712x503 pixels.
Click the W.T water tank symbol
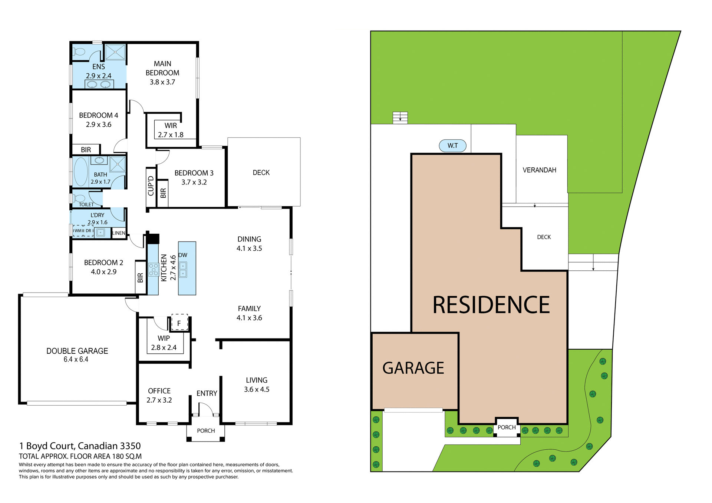(452, 146)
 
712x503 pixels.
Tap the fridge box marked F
(179, 323)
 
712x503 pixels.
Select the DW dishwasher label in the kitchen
(183, 255)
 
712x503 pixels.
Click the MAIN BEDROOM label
(162, 69)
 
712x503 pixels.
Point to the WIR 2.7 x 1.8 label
(171, 130)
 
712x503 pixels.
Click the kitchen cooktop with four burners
(153, 269)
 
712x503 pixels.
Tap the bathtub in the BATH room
(80, 172)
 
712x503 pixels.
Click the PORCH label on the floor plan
(206, 431)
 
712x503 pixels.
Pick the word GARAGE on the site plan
(413, 368)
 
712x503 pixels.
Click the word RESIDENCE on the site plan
(491, 305)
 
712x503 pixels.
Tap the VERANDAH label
(539, 170)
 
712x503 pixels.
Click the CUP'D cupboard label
(151, 186)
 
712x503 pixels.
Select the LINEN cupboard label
(119, 233)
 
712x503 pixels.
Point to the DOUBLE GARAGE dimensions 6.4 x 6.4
(76, 359)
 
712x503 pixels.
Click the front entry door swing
(206, 409)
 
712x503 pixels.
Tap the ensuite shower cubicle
(115, 52)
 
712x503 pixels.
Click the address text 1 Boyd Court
(80, 446)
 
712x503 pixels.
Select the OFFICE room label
(159, 391)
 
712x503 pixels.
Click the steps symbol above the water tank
(400, 118)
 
